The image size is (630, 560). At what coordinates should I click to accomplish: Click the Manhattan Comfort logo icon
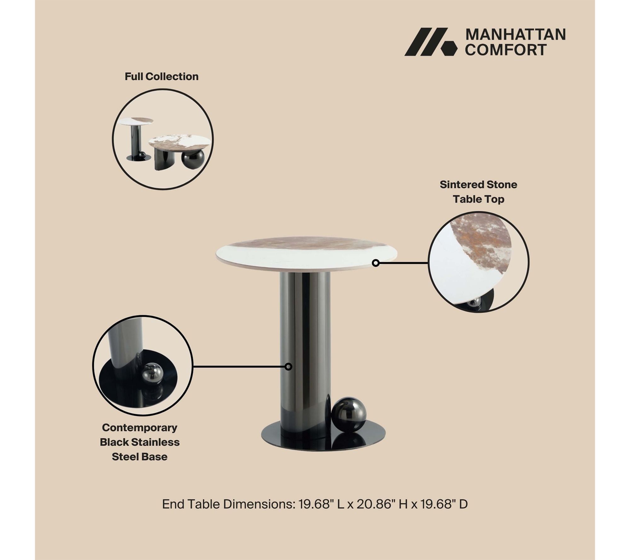(431, 42)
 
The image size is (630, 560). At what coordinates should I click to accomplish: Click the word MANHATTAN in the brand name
(515, 35)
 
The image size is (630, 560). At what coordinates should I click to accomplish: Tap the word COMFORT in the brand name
(506, 50)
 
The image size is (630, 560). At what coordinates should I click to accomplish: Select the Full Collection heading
(162, 77)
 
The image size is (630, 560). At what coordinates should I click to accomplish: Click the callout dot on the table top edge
(375, 263)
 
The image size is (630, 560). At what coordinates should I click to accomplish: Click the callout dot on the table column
(288, 367)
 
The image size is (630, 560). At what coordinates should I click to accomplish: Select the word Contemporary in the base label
(140, 428)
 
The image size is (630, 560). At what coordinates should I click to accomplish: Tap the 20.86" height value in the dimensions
(375, 504)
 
